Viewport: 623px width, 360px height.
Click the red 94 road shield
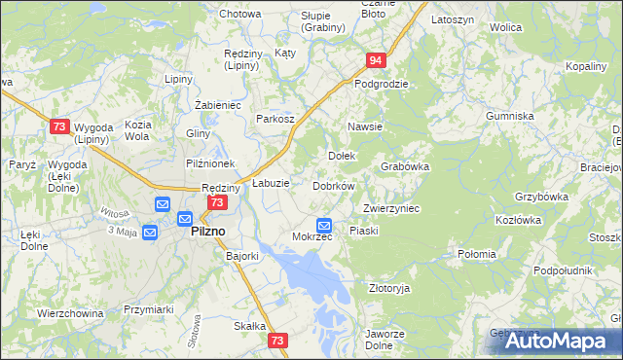click(377, 60)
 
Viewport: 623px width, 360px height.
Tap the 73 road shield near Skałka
click(278, 341)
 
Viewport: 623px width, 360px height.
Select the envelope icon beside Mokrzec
click(325, 225)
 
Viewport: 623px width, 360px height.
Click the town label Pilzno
click(207, 231)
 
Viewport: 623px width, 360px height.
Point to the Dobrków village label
click(333, 185)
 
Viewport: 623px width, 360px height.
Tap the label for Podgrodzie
click(381, 84)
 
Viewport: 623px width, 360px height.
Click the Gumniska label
click(511, 116)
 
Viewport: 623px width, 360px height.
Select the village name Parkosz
click(275, 118)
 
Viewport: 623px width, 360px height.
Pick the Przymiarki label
click(148, 309)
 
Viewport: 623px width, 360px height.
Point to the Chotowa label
click(239, 14)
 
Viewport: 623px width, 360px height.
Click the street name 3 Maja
click(123, 231)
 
